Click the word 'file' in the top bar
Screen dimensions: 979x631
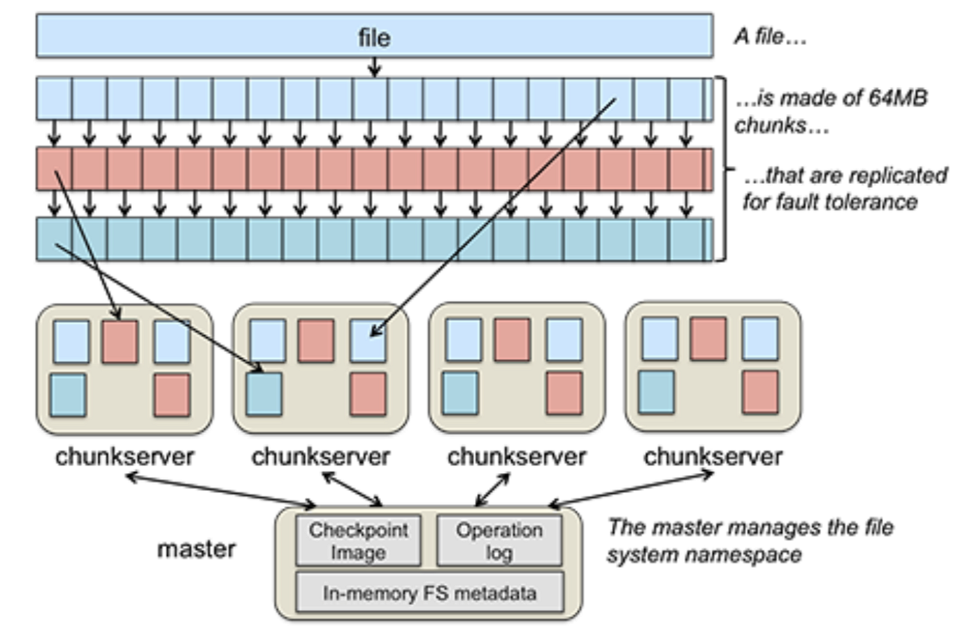pos(374,37)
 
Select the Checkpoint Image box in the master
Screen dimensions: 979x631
pos(358,541)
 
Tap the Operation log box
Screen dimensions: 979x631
pos(499,541)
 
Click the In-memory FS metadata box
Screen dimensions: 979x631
pos(429,593)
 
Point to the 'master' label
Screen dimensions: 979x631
pos(196,548)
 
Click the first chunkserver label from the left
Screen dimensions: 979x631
pos(124,457)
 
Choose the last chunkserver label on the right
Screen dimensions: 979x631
pos(713,457)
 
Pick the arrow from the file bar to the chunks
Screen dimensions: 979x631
pos(374,67)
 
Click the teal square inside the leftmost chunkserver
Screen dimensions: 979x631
pos(68,395)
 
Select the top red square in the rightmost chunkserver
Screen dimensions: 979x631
pos(708,339)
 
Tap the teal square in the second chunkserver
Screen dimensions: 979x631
pos(264,394)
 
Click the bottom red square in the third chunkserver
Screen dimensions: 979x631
pos(564,392)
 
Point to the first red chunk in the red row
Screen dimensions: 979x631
pos(55,170)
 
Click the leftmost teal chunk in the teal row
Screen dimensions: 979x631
pos(55,239)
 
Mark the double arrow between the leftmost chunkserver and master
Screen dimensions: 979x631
pos(221,490)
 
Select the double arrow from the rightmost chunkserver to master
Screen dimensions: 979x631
pos(631,490)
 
